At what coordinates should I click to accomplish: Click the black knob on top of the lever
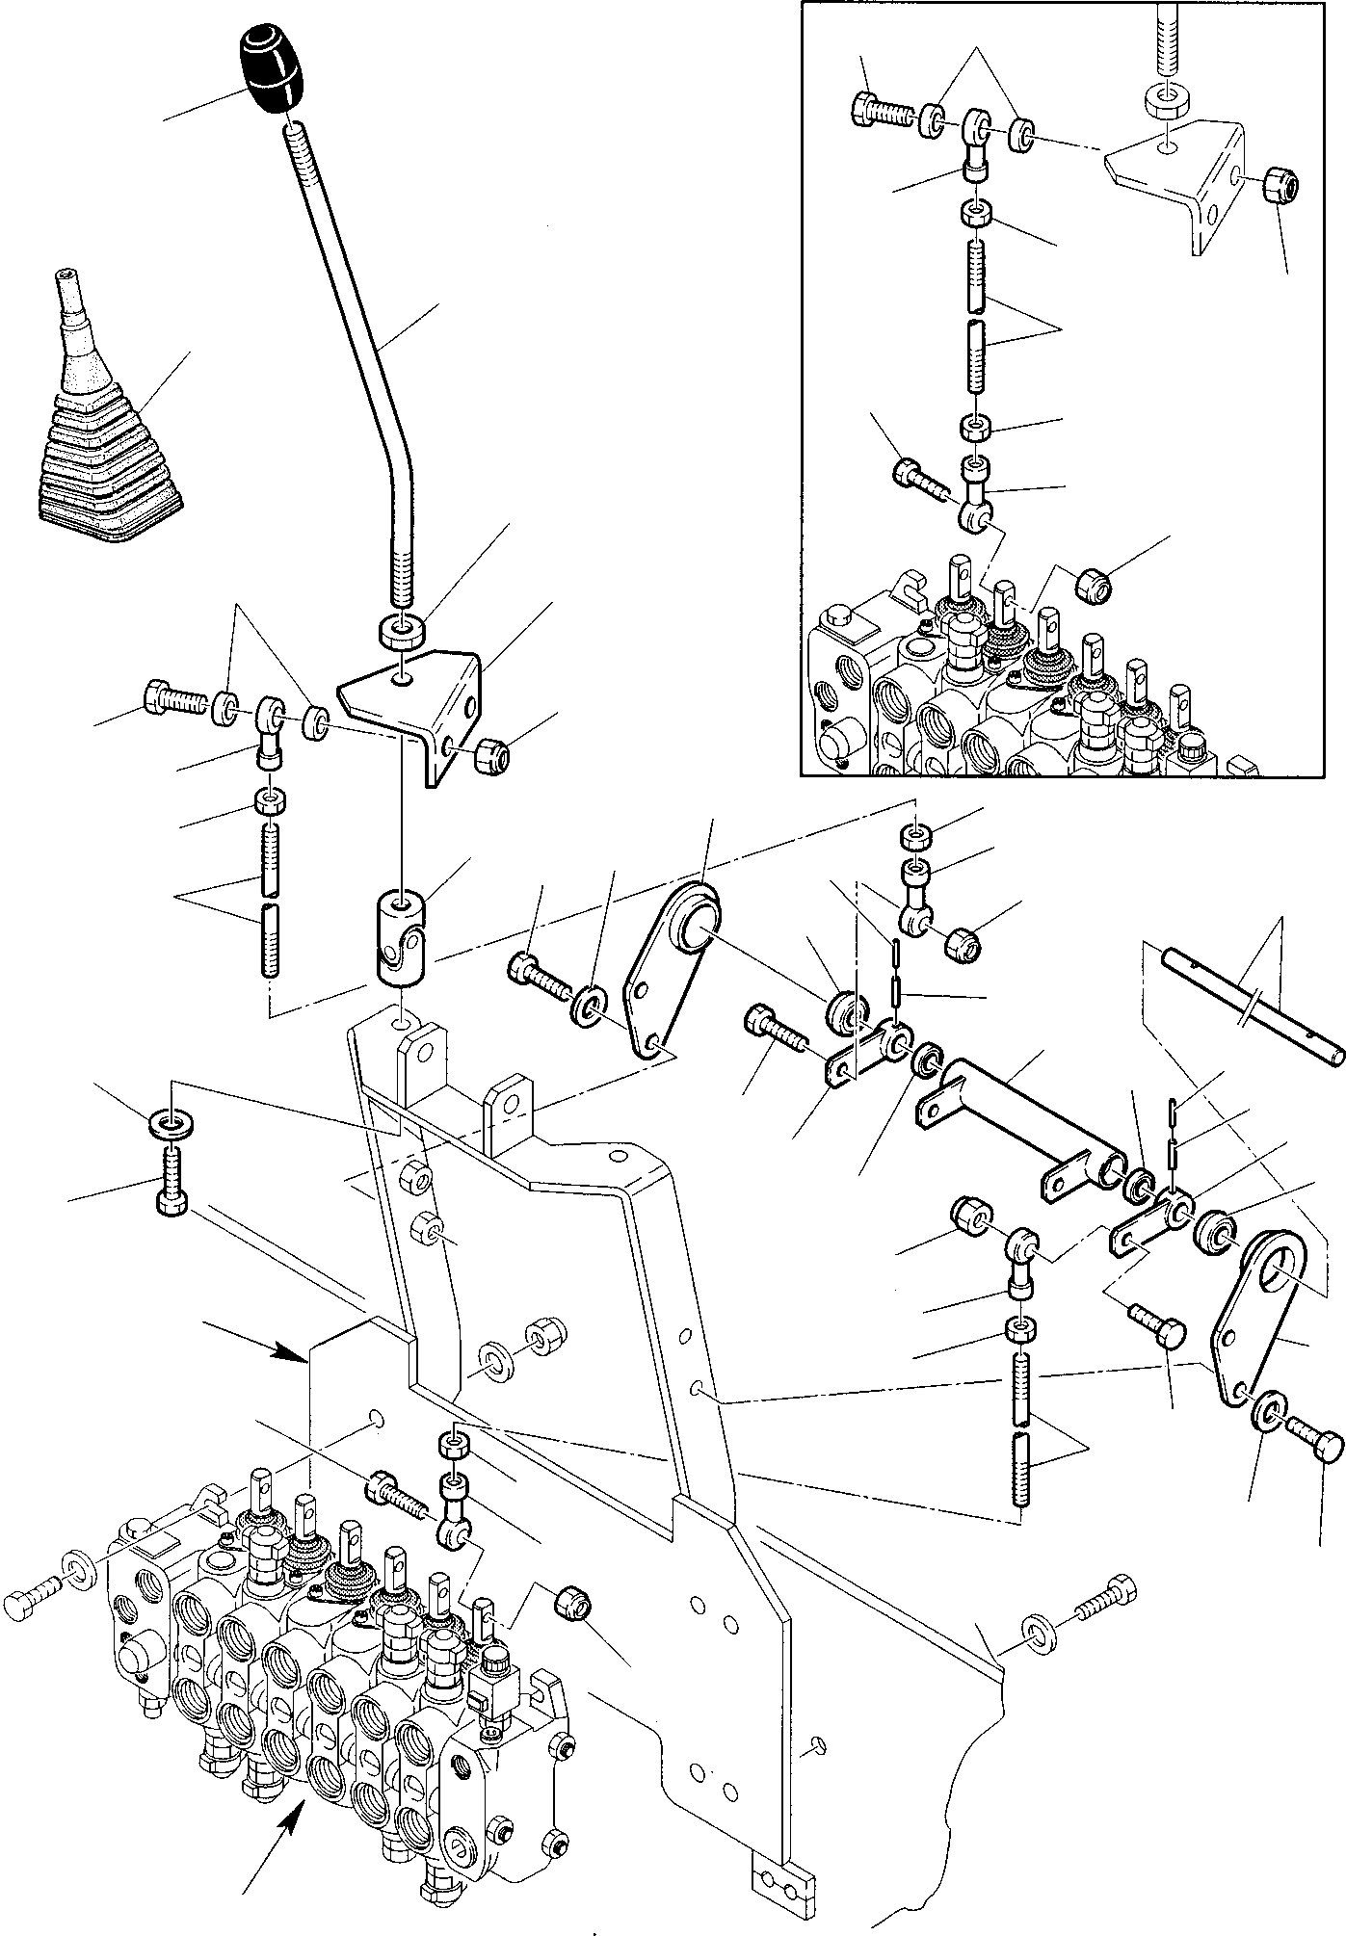pos(270,69)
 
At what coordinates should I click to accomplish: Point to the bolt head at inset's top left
pos(865,108)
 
